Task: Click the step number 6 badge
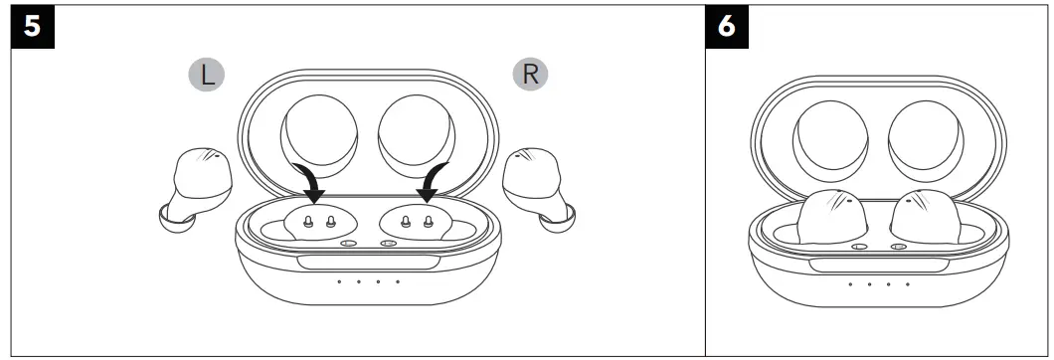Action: coord(727,26)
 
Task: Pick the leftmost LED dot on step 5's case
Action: coord(338,281)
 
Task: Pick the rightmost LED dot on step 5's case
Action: coord(398,281)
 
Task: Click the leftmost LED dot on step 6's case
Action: coord(849,284)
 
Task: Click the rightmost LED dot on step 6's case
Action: coord(907,284)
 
